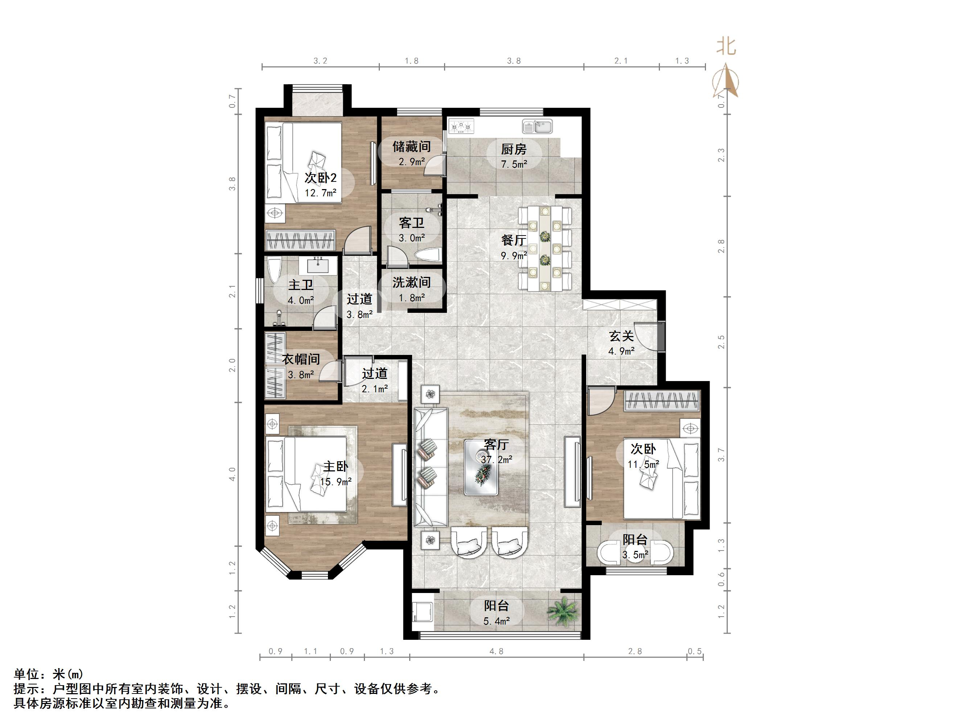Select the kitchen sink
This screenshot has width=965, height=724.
[538, 127]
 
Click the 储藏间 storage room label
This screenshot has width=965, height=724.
[411, 146]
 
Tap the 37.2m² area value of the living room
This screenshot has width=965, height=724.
[496, 459]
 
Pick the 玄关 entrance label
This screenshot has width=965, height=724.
[621, 336]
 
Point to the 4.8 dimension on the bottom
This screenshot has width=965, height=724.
[496, 651]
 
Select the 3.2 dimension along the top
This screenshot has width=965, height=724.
[320, 61]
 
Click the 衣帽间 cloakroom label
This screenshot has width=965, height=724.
[301, 359]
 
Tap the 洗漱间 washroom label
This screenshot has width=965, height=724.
[411, 282]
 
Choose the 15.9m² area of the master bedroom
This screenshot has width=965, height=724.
[336, 482]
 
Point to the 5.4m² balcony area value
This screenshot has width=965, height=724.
[496, 621]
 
